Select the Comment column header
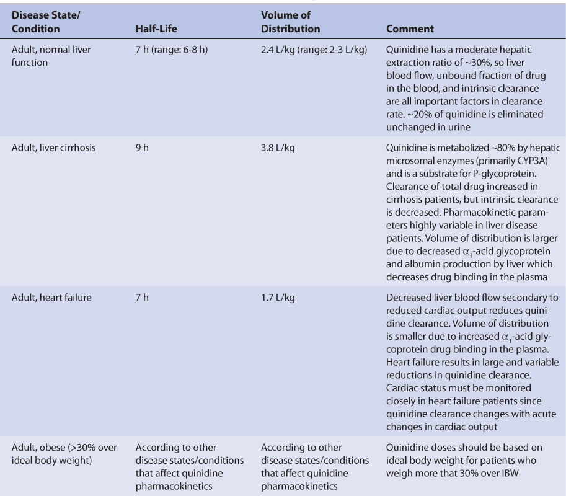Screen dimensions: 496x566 tap(409, 29)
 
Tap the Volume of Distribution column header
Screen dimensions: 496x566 tap(290, 22)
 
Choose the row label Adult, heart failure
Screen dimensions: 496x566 tap(51, 298)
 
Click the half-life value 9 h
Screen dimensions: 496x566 tap(142, 148)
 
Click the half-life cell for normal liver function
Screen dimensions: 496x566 tap(172, 50)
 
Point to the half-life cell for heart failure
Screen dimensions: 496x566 tap(142, 298)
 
